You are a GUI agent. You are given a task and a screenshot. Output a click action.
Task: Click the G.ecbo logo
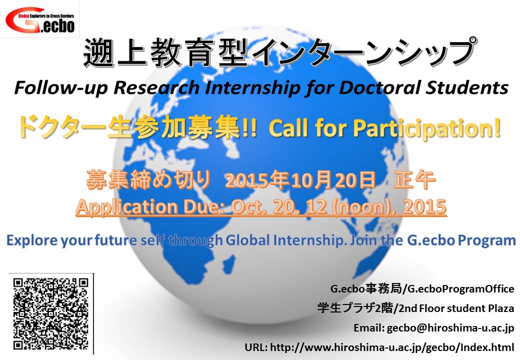click(x=40, y=20)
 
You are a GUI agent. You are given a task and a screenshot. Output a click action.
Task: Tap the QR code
click(x=50, y=314)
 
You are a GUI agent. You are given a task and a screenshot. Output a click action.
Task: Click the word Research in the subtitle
click(x=156, y=88)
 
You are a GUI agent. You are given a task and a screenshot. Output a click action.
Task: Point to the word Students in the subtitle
click(x=467, y=88)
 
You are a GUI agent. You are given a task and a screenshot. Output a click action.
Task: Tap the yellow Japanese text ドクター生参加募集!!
click(x=137, y=127)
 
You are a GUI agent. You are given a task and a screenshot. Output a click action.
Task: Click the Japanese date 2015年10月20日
click(x=300, y=180)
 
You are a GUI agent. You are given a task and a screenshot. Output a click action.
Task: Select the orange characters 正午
click(x=414, y=180)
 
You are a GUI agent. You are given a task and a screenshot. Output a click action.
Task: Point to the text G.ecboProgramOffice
click(x=460, y=289)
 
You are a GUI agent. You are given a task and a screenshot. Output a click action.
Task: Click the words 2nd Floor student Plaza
click(x=456, y=308)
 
